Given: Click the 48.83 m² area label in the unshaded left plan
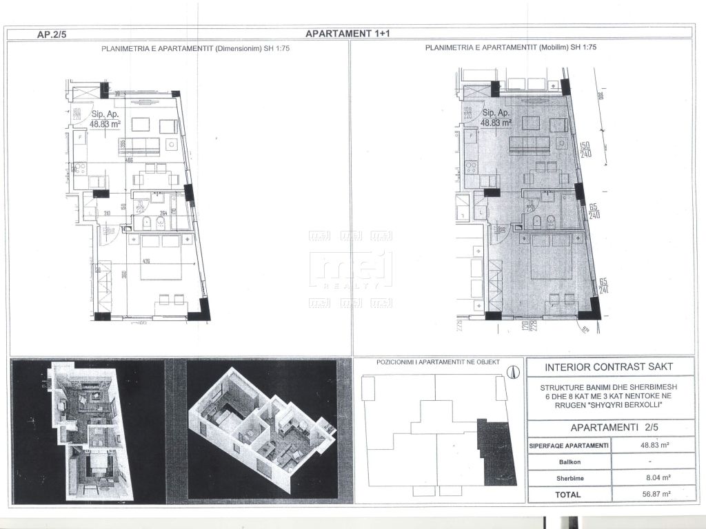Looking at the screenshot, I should point(105,124).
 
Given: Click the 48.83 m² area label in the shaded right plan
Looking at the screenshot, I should point(496,122).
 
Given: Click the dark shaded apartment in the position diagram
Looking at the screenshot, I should point(497,453).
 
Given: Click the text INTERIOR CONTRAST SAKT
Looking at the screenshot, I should point(609,367).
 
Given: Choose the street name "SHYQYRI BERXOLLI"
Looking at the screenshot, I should point(609,404).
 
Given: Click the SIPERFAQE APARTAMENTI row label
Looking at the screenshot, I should point(569,446).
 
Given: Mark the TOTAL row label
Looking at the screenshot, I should point(569,494).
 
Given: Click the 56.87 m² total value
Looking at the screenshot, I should point(645,494).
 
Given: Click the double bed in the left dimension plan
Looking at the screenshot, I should point(161,258).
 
